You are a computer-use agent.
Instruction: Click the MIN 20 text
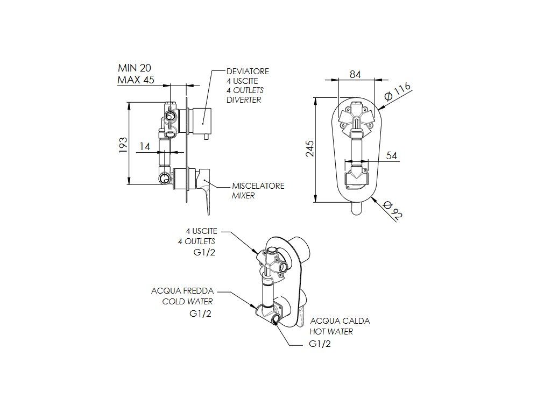[135, 68]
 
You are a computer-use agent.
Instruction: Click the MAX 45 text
[135, 80]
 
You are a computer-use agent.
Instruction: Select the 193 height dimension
[123, 145]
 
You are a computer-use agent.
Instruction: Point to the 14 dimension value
[144, 146]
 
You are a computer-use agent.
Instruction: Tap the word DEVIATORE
[248, 72]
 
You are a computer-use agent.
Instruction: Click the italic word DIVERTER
[244, 100]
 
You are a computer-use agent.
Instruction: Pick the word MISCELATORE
[258, 186]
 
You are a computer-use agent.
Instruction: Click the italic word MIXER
[243, 196]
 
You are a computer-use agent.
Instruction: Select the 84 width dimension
[355, 75]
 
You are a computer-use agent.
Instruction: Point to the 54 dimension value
[392, 155]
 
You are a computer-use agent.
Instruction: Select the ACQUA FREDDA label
[182, 291]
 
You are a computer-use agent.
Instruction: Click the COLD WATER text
[188, 302]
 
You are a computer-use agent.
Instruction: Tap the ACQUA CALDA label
[340, 321]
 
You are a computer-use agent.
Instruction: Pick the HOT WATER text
[331, 332]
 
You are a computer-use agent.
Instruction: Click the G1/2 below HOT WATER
[320, 344]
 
